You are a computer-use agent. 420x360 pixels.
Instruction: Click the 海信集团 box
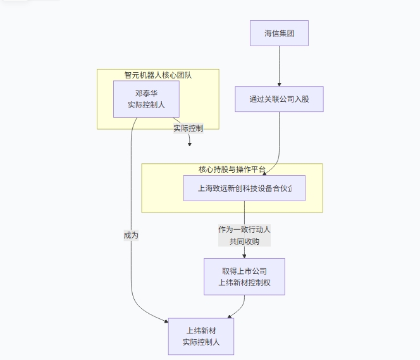[x=279, y=34]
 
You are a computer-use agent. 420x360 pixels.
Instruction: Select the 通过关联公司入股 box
[x=279, y=99]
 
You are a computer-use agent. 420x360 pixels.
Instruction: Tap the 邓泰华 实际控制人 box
[x=146, y=99]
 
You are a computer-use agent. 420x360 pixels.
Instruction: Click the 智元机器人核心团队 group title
[x=158, y=75]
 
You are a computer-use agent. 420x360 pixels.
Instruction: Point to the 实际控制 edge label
[x=188, y=128]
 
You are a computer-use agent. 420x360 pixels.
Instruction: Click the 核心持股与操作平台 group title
[x=232, y=169]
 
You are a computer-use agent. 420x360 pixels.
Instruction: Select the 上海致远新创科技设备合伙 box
[x=244, y=188]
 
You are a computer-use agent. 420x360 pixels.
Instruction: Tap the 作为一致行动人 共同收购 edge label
[x=244, y=235]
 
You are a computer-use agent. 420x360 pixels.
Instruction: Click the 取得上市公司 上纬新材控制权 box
[x=244, y=276]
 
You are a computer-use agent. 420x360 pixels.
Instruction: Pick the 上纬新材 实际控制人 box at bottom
[x=201, y=336]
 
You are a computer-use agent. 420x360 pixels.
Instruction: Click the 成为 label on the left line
[x=131, y=235]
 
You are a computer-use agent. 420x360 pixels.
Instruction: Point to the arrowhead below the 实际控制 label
[x=189, y=144]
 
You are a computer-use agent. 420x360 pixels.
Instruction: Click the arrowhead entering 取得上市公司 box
[x=244, y=256]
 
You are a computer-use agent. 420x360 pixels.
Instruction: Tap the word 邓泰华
[x=146, y=93]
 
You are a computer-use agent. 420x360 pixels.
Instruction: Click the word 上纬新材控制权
[x=244, y=282]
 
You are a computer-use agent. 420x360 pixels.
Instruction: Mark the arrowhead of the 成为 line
[x=166, y=321]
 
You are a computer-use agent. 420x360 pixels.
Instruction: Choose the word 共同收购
[x=244, y=241]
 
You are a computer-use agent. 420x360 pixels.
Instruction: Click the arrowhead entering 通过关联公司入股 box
[x=279, y=84]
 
